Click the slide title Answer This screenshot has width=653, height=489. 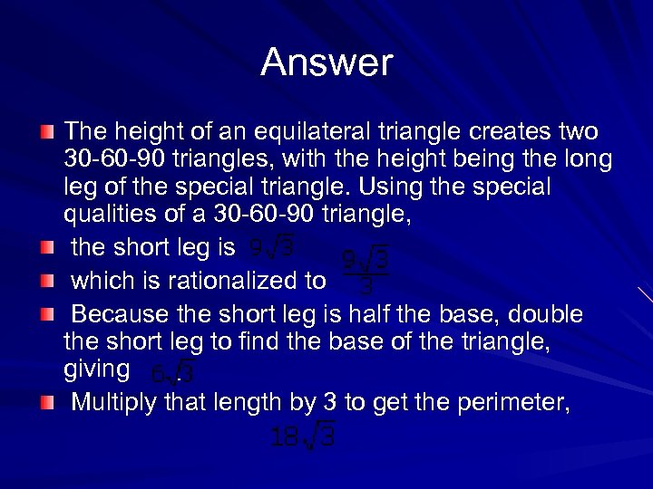[x=326, y=62]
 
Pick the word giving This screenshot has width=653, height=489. [x=97, y=370]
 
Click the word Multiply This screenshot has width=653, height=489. [x=116, y=402]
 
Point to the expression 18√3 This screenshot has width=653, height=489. [x=304, y=436]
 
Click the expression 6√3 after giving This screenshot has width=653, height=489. [x=171, y=373]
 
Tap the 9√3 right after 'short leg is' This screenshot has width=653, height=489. [x=270, y=246]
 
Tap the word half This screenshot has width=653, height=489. [x=415, y=314]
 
